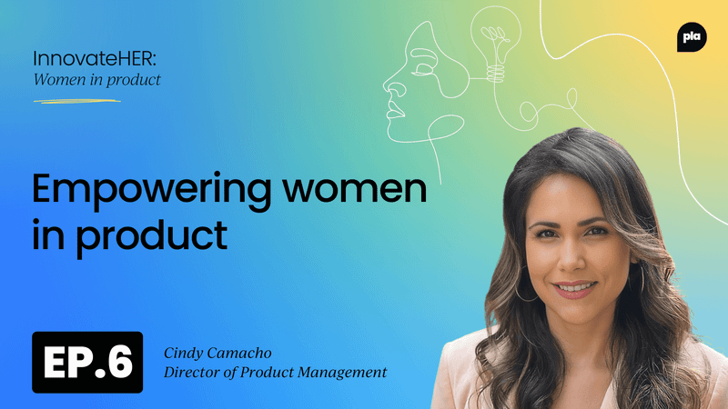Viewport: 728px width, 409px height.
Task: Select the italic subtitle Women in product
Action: pos(96,79)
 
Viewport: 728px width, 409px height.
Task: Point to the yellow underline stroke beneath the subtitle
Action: pos(76,100)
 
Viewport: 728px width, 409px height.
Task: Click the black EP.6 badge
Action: pos(87,362)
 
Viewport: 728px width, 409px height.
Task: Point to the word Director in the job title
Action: pos(193,372)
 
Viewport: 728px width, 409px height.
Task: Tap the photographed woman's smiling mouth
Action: pos(575,288)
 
